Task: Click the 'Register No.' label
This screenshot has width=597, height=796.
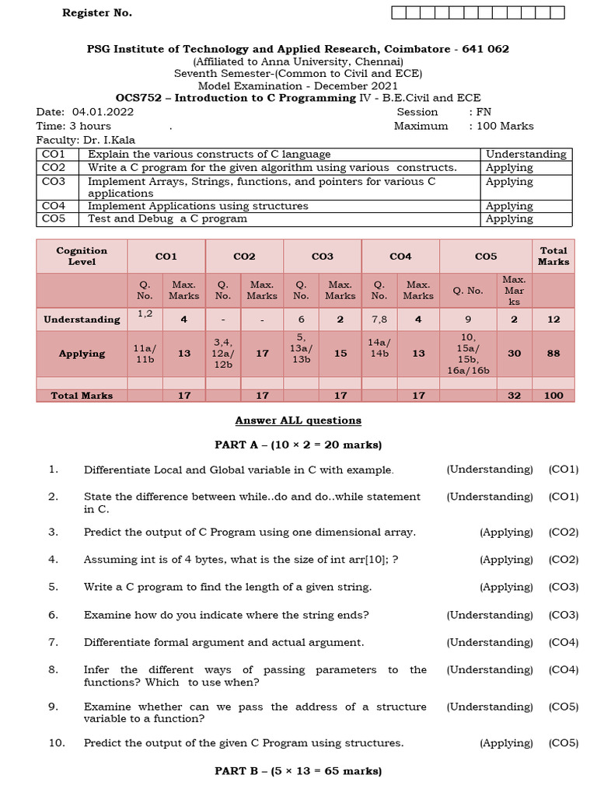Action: (x=97, y=13)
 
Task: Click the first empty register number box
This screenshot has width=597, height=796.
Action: (x=398, y=12)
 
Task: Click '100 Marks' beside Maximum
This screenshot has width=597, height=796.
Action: (x=505, y=126)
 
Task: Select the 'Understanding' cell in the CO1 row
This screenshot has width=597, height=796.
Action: (x=525, y=154)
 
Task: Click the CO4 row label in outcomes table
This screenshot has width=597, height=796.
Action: (x=54, y=206)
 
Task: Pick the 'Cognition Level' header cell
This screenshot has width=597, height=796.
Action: (x=82, y=256)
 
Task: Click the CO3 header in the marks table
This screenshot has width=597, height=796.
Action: (x=322, y=256)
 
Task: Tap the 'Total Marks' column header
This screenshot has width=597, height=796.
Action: (x=553, y=256)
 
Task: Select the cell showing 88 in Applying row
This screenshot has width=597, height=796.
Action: (x=553, y=353)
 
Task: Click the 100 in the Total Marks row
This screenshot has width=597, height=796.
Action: (x=553, y=396)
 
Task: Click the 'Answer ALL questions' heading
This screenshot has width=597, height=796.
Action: (x=298, y=421)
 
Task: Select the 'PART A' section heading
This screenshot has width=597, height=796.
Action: (x=298, y=445)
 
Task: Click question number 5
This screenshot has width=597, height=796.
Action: (x=53, y=587)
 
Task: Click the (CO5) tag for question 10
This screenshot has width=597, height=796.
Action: (x=564, y=743)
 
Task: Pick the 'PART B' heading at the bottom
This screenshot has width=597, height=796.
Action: (x=298, y=772)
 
